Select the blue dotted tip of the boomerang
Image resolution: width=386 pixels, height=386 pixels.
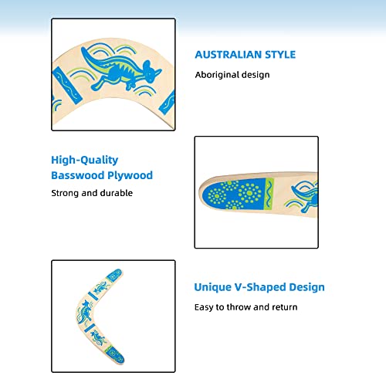coord(229,197)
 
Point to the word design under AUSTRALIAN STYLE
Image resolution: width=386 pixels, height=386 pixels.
coord(256,75)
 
